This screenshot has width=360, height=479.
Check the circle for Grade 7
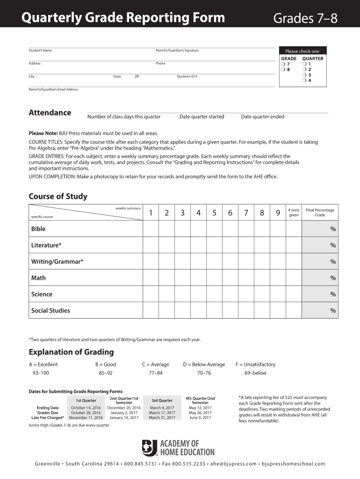(x=283, y=64)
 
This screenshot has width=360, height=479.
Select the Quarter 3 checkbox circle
(x=304, y=75)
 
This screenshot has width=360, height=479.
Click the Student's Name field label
(x=40, y=51)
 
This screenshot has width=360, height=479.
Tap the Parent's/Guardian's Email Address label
(x=53, y=89)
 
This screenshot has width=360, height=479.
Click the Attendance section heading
(x=50, y=113)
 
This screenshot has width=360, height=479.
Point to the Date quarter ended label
(x=262, y=116)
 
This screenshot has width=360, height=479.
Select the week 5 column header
(x=214, y=213)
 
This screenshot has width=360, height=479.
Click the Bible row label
(x=38, y=229)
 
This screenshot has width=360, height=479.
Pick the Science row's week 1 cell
(x=151, y=294)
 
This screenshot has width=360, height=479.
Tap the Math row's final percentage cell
(x=320, y=278)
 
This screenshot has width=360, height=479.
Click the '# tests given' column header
(x=294, y=213)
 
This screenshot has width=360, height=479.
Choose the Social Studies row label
(x=50, y=311)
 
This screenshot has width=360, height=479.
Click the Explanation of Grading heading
(x=71, y=352)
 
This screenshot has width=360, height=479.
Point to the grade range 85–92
(x=106, y=373)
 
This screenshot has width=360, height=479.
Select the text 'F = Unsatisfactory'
(x=255, y=364)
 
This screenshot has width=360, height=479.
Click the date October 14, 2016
(x=86, y=408)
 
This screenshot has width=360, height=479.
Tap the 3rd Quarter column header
(x=162, y=400)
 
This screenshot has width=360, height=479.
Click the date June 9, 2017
(x=200, y=418)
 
